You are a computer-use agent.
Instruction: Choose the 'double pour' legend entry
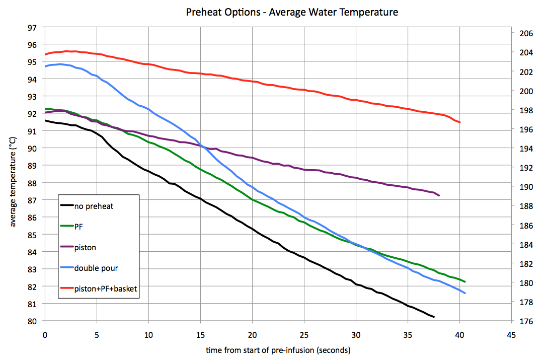tap(96, 268)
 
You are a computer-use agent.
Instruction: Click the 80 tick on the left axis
tap(31, 321)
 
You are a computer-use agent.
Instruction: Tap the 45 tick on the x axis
tap(512, 335)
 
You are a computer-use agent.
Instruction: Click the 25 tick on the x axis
tap(304, 335)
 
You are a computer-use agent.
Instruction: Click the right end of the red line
tap(459, 122)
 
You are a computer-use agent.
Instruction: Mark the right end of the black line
tap(433, 317)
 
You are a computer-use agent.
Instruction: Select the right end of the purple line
tap(439, 195)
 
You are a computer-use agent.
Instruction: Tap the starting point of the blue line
tap(46, 66)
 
